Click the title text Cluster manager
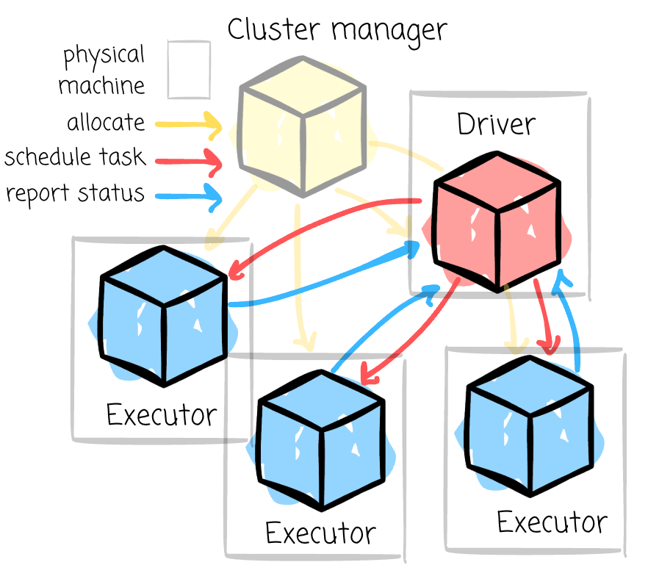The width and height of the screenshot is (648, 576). [x=336, y=29]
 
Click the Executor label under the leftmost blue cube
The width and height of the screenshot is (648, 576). [x=162, y=415]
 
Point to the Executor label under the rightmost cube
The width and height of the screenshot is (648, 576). [x=552, y=522]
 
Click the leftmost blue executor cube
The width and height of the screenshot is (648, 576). [x=162, y=316]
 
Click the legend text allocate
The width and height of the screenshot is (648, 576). [x=106, y=122]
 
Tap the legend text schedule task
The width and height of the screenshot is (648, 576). [x=75, y=157]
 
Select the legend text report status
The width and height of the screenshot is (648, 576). [x=75, y=193]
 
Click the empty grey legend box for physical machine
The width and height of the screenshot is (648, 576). [x=189, y=70]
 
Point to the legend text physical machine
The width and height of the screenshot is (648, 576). [x=103, y=71]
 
